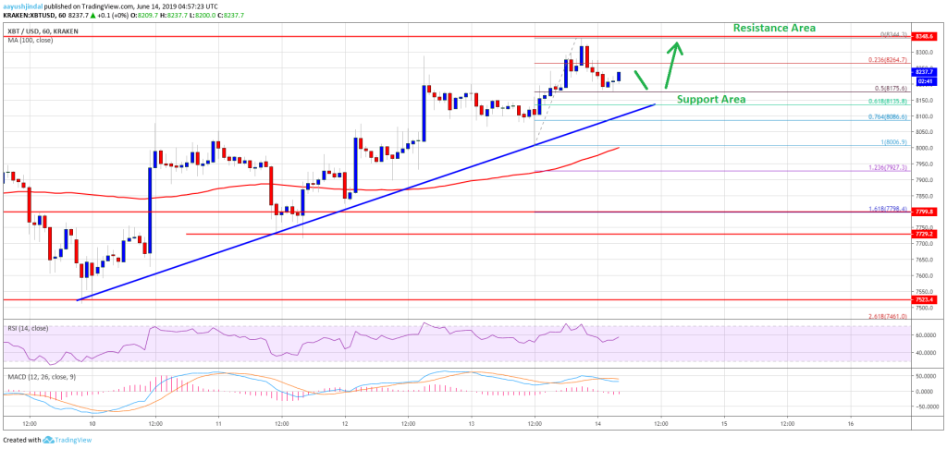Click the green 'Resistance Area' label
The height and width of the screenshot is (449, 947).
pos(774,28)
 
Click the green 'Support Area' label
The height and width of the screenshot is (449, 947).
pos(711,99)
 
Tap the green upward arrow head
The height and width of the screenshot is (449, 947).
pos(679,46)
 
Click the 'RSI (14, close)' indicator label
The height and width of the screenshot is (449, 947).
pos(28,328)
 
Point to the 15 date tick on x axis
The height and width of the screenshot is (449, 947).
pos(724,424)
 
